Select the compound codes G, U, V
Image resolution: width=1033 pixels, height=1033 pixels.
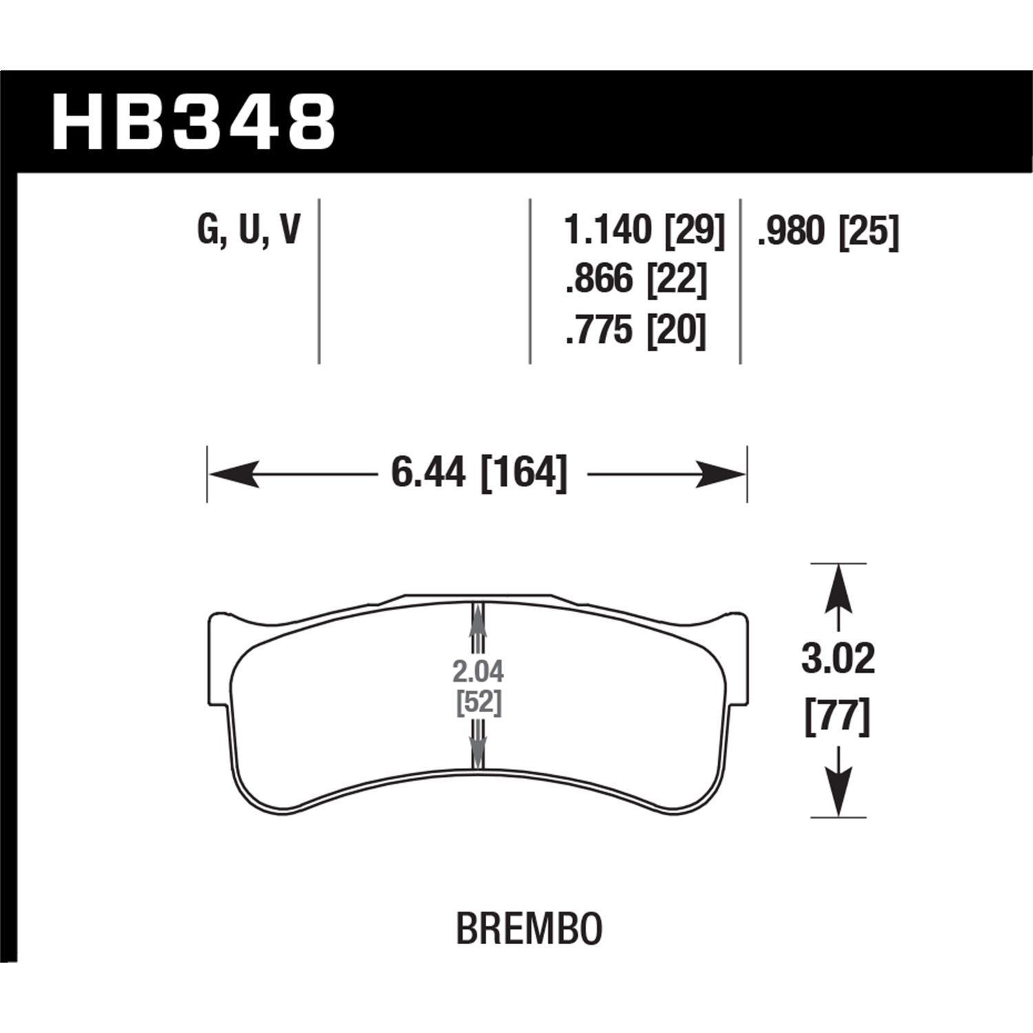(249, 231)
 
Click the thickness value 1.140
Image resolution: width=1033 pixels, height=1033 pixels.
(607, 231)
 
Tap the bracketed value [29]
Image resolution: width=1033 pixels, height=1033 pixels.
(694, 231)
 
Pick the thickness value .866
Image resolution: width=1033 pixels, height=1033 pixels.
(598, 280)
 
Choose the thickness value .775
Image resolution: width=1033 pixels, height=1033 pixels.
(598, 330)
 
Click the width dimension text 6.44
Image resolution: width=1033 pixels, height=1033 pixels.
(428, 473)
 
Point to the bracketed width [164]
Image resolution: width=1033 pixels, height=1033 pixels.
(524, 473)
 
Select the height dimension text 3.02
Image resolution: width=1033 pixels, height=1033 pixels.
(837, 659)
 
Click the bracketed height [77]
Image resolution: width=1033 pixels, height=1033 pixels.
(837, 719)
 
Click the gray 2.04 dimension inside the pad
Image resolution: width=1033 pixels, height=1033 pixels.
(478, 670)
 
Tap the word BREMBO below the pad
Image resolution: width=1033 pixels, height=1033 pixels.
(529, 929)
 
